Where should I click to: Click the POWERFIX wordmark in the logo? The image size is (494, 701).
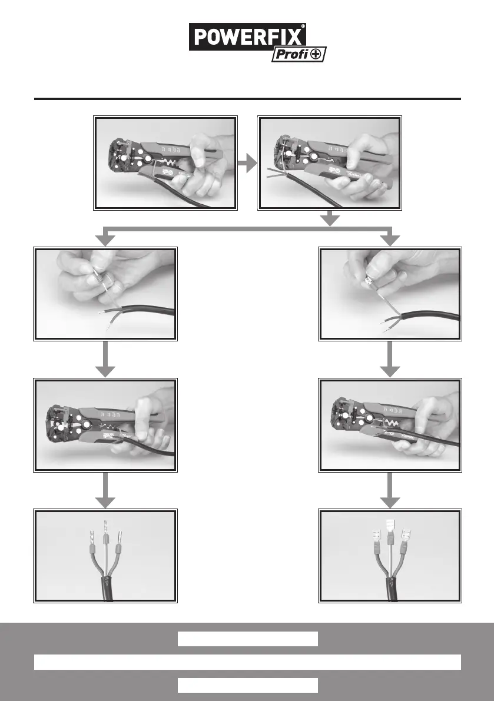pos(247,37)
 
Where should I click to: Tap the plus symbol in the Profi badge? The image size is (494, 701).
pos(317,55)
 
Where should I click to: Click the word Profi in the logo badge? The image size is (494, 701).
pos(290,55)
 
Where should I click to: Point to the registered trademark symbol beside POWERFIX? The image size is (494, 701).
pos(303,26)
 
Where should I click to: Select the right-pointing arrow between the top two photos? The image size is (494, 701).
pos(248,164)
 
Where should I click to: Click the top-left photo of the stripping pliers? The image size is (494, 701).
pos(165,163)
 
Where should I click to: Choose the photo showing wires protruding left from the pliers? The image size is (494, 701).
pos(330,163)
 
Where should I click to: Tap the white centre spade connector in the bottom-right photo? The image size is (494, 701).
pos(389,528)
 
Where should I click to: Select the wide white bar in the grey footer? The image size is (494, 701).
pos(247,662)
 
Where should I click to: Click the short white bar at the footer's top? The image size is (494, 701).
pos(248,639)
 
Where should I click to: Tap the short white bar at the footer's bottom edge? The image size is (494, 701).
pos(248,685)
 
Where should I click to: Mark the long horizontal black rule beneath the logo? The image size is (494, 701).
pos(247,99)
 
